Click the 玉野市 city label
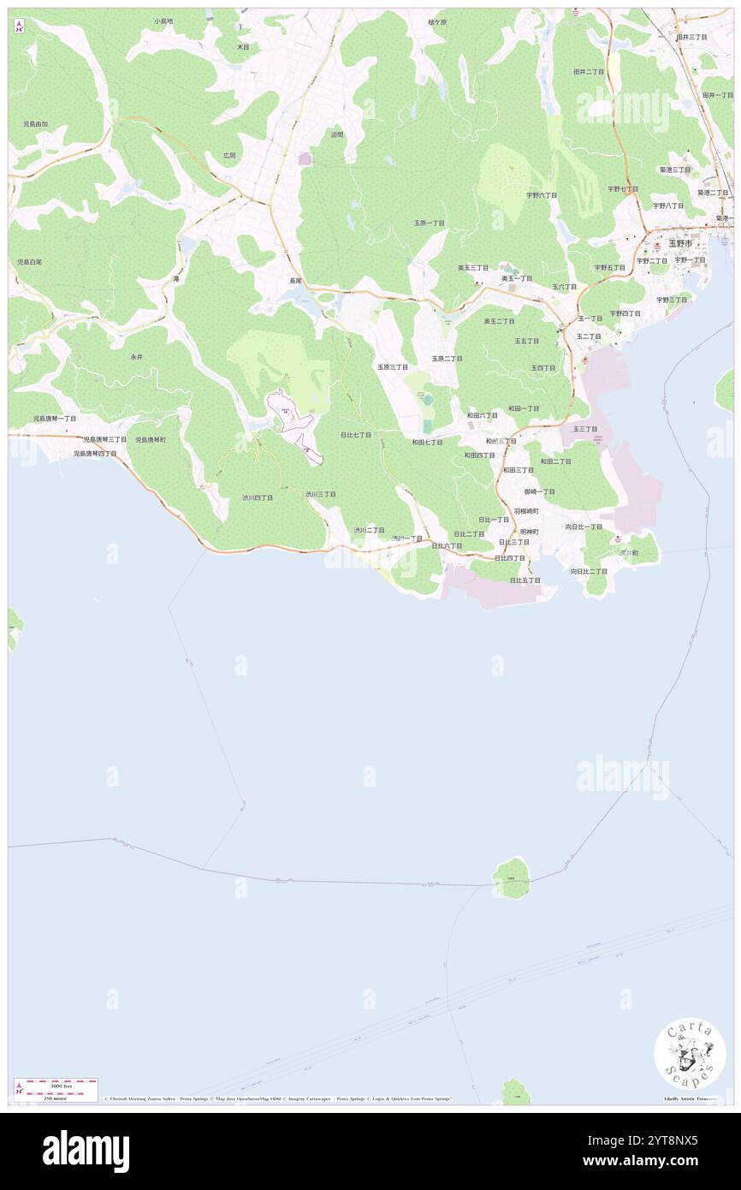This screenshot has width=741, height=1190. click(680, 243)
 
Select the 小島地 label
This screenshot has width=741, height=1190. click(163, 21)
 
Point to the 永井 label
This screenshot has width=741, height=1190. click(136, 355)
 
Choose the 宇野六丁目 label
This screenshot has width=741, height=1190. click(541, 195)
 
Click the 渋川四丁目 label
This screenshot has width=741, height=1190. click(257, 497)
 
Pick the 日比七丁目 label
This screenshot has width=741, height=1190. click(355, 435)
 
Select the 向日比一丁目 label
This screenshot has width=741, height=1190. click(584, 527)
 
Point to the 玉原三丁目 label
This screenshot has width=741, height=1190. click(393, 366)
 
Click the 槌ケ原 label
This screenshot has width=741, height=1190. click(437, 21)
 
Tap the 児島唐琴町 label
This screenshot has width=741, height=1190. click(150, 440)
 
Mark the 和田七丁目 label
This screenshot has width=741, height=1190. click(427, 443)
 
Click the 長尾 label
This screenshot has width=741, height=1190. click(295, 281)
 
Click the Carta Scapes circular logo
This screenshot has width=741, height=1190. click(690, 1053)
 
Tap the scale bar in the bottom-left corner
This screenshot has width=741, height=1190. click(56, 1090)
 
